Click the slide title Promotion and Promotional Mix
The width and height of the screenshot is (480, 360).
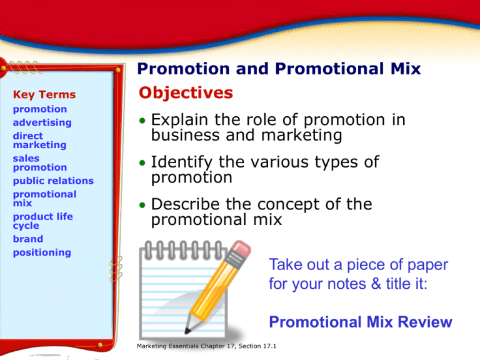point(278,71)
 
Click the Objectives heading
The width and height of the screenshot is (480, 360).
point(186,93)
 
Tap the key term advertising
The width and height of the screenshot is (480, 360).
point(42,122)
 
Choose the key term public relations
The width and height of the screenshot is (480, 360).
point(53,181)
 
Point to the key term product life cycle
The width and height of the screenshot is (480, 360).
point(42,221)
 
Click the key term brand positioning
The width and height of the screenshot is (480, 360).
point(41,246)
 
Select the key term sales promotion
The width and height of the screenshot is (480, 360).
point(40,163)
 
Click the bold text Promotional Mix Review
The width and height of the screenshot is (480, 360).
point(360,322)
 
